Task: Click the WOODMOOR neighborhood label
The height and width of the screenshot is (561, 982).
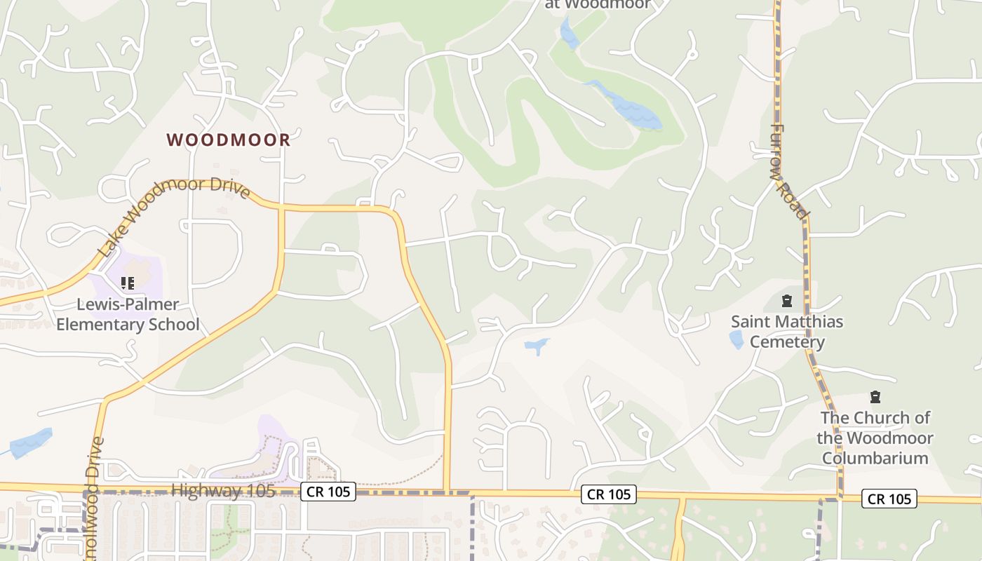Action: coord(229,140)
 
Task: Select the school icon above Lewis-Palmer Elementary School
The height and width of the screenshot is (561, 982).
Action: coord(127,283)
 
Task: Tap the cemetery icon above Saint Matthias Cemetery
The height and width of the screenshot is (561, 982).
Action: coord(787,302)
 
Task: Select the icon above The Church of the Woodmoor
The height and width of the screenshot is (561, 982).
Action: coord(875,398)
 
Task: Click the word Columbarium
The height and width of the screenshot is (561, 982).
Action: coord(875,458)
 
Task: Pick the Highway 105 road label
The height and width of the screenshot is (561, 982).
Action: coord(224,490)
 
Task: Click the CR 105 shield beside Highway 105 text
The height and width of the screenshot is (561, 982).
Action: coord(328,492)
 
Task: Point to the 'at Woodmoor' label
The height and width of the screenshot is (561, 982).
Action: coord(598,4)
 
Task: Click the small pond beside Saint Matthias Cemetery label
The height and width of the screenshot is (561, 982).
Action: coord(736,340)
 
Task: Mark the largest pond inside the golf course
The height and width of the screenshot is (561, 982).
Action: coord(631,107)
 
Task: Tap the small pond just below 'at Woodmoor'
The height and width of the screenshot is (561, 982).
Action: coord(569,34)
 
